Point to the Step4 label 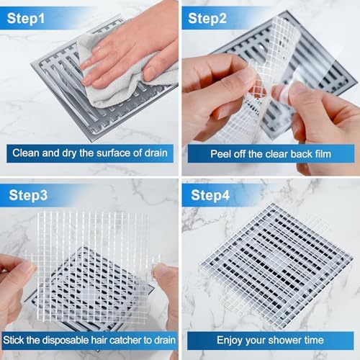click(x=208, y=194)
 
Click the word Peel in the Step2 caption click(x=220, y=153)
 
